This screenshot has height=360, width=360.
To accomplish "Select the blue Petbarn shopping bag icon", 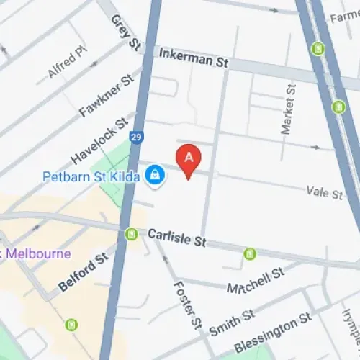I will [154, 175].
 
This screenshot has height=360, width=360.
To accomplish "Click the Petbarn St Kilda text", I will [90, 176].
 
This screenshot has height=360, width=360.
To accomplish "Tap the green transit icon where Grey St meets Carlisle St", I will [131, 234].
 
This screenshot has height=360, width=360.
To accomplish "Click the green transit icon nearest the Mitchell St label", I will [250, 253].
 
